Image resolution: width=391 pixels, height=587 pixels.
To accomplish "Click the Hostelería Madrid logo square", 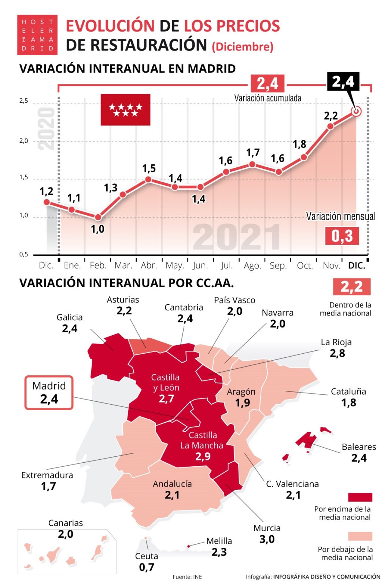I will pyautogui.click(x=37, y=35).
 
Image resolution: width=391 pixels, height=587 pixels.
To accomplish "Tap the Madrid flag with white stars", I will pyautogui.click(x=125, y=110).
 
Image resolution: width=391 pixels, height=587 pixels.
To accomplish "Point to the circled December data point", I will pyautogui.click(x=356, y=111).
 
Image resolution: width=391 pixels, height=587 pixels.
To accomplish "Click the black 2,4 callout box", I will pyautogui.click(x=343, y=81).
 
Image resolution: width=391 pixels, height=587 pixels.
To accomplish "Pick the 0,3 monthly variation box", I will pyautogui.click(x=342, y=236).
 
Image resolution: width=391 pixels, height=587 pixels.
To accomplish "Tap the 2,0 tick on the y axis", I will pyautogui.click(x=23, y=141).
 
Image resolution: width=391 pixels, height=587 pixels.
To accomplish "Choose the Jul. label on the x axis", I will pyautogui.click(x=227, y=265).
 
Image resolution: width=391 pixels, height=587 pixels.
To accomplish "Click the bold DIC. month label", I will pyautogui.click(x=357, y=265).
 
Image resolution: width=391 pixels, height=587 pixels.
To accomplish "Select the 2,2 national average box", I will pyautogui.click(x=351, y=287).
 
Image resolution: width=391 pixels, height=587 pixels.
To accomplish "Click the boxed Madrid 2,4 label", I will pyautogui.click(x=49, y=393).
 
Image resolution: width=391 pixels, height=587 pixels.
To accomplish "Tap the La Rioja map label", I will pyautogui.click(x=336, y=342).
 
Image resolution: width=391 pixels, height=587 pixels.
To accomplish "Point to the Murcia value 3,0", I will pyautogui.click(x=267, y=539).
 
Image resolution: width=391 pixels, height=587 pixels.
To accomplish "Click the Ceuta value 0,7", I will pyautogui.click(x=147, y=567).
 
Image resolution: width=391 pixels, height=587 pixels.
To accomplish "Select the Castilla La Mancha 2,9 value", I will pyautogui.click(x=203, y=456).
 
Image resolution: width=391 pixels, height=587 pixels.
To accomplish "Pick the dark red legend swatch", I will pyautogui.click(x=360, y=497).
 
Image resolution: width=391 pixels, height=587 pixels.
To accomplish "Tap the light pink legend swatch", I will pyautogui.click(x=360, y=536).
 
